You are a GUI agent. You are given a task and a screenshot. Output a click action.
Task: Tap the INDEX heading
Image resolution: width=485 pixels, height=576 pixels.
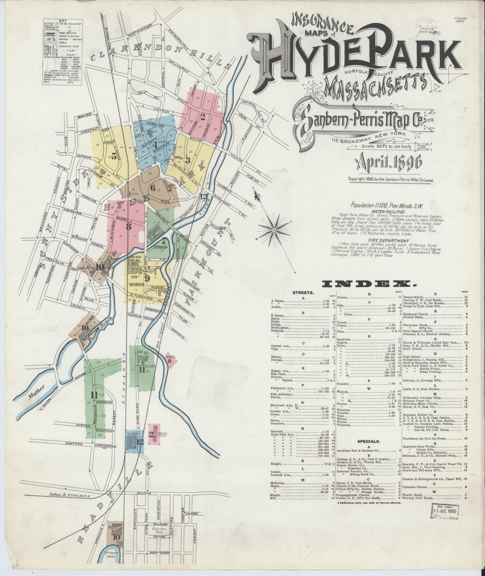pyautogui.click(x=369, y=284)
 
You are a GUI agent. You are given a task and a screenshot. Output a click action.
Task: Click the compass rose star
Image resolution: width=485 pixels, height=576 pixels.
pyautogui.click(x=274, y=230)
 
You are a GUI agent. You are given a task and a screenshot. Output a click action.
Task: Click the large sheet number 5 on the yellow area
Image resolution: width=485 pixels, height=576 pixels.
pyautogui.click(x=114, y=155)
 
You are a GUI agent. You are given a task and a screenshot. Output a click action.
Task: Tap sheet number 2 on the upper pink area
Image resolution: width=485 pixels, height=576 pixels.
pyautogui.click(x=202, y=117)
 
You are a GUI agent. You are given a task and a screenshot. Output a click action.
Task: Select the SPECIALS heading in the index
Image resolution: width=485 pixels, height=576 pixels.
pyautogui.click(x=369, y=441)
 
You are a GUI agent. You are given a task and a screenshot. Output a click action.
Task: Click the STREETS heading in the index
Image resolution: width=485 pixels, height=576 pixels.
pyautogui.click(x=303, y=293)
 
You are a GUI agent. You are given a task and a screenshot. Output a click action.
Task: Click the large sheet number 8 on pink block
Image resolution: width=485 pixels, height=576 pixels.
pyautogui.click(x=129, y=226)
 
